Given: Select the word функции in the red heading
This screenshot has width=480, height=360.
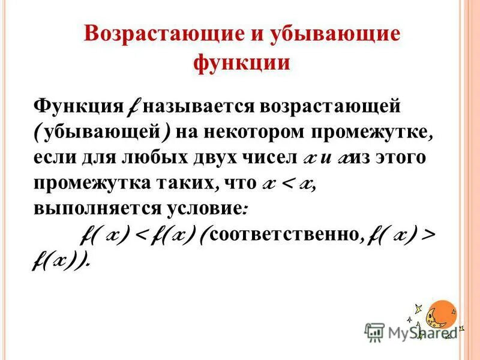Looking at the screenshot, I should coord(242,61).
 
